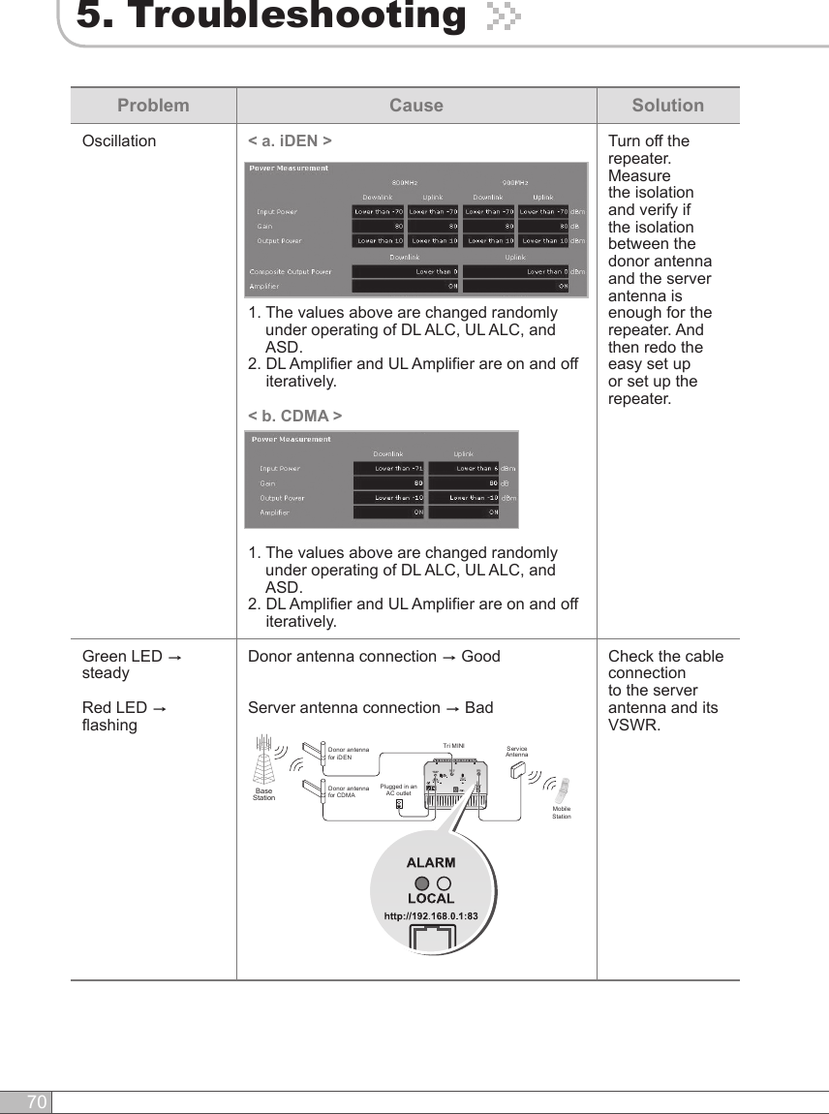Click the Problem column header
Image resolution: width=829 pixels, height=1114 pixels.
(153, 106)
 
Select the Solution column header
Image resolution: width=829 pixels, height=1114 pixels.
(667, 106)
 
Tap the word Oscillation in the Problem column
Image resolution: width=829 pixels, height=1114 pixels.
(119, 141)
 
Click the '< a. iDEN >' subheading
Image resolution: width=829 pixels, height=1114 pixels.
(291, 141)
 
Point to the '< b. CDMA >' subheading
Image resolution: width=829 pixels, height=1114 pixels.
(294, 416)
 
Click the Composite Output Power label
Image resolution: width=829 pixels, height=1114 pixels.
(291, 271)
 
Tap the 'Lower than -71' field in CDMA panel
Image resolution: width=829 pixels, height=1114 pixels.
(389, 469)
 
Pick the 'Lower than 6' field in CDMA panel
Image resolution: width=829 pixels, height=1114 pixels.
(463, 469)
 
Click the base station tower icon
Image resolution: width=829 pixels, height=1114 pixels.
(263, 761)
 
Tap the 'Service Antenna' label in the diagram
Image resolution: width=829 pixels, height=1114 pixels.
(517, 751)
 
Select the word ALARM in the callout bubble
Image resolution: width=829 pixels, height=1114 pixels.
(431, 862)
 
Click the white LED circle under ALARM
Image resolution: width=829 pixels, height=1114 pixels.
(443, 883)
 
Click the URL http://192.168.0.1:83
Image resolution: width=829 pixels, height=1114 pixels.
(431, 915)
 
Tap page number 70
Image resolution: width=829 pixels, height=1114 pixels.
(36, 1102)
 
